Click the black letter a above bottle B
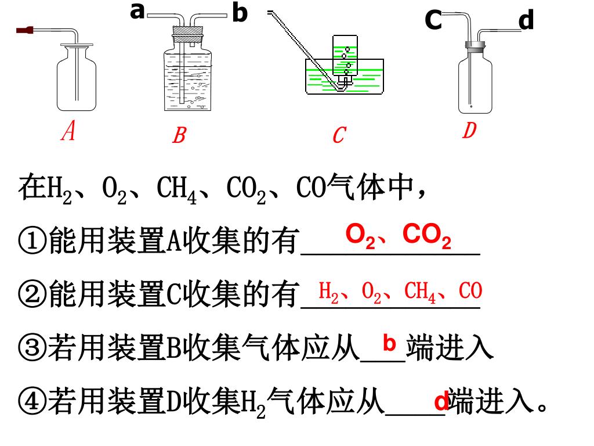[137, 10]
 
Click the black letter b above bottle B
[239, 13]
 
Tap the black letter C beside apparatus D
[433, 21]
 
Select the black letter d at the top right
[526, 21]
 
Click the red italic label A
[69, 131]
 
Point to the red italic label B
[179, 136]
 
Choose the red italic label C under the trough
[339, 136]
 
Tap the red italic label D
[469, 131]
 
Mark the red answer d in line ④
[441, 402]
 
